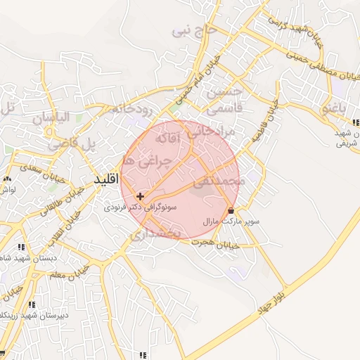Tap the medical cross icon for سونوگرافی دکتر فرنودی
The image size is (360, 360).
point(141,196)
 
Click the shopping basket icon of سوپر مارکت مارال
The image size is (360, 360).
point(231,210)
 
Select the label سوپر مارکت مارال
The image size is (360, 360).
point(231,221)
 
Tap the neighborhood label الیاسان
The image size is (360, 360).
point(61,118)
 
